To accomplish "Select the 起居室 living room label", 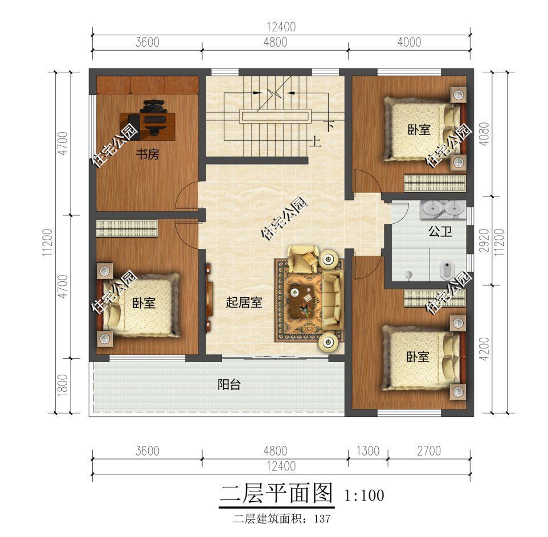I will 244,302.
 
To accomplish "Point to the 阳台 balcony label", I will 229,384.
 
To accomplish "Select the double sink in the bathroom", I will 441,209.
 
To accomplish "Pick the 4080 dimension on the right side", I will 484,134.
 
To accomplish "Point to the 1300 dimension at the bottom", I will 368,451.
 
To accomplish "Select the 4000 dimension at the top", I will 408,42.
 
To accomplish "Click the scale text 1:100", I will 364,495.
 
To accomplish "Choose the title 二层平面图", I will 276,493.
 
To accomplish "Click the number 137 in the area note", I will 322,519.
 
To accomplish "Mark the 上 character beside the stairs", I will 315,142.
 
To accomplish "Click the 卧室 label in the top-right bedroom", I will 418,130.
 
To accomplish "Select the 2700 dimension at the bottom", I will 428,451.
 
